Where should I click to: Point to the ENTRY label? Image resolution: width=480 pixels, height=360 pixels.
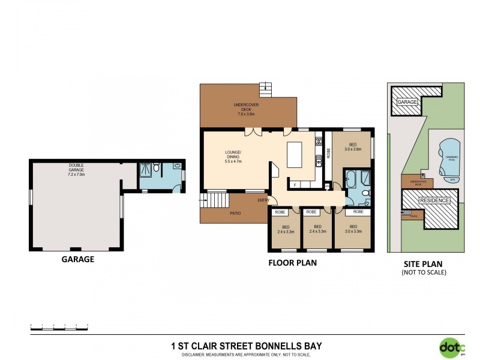click(263, 200)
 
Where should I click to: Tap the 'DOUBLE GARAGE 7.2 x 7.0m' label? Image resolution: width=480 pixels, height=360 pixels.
click(76, 172)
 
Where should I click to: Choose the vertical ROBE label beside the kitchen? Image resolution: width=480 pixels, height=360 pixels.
click(328, 152)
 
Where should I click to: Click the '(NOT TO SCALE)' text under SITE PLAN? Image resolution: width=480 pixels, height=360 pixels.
click(424, 272)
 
